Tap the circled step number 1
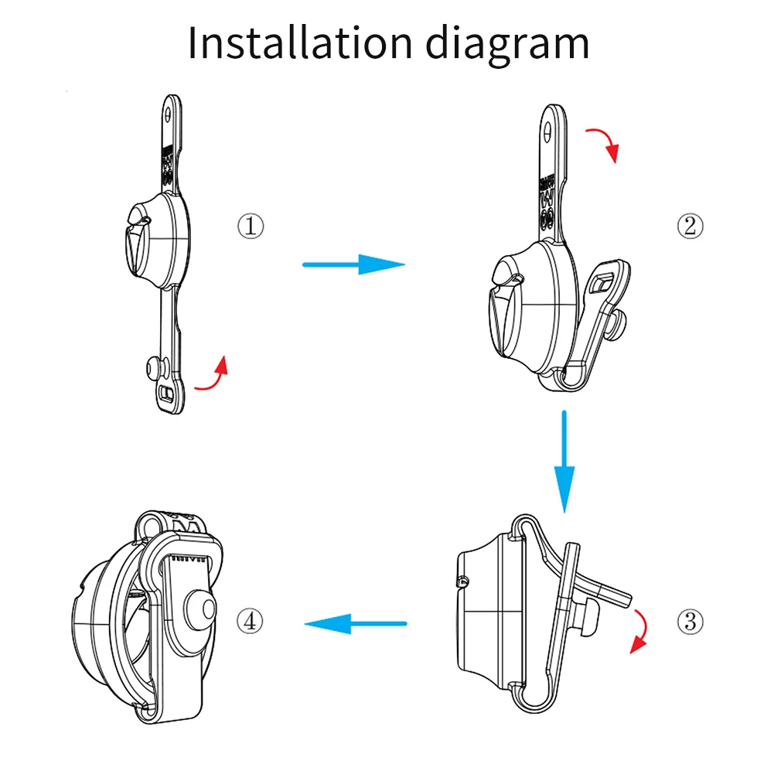[x=250, y=227]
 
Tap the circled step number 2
[x=690, y=226]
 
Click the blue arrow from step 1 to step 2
[x=353, y=265]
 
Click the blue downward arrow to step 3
[x=565, y=461]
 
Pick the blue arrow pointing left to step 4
[x=355, y=622]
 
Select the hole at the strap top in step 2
[x=547, y=130]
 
